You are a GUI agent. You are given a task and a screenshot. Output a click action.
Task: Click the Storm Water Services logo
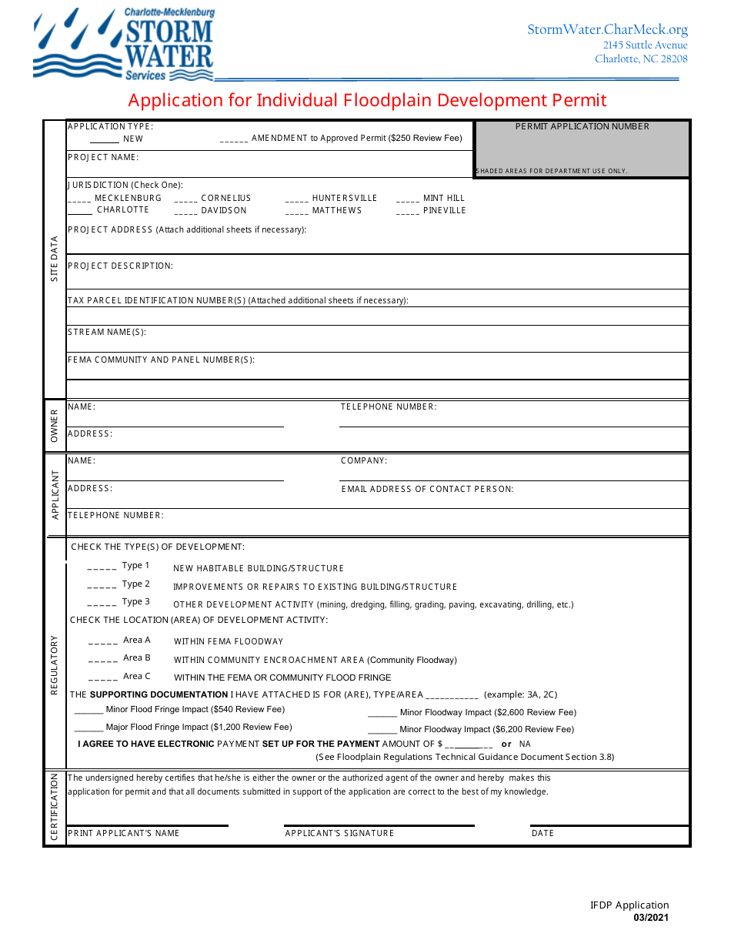point(124,44)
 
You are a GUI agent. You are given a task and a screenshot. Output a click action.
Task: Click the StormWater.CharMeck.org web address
point(607,29)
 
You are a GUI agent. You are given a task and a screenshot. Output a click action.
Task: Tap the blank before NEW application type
point(105,139)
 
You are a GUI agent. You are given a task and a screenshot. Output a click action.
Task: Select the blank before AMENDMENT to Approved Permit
point(234,139)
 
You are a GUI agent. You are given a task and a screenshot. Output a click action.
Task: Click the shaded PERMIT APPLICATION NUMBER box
point(582,149)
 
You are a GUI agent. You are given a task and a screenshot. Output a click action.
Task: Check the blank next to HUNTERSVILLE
point(297,199)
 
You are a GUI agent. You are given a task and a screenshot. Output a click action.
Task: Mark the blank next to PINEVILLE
point(408,211)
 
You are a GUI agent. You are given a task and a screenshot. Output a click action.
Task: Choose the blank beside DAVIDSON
point(186,211)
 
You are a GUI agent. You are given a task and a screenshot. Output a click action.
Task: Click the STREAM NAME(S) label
point(107,333)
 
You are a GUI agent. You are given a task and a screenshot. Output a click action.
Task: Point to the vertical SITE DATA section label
point(55,259)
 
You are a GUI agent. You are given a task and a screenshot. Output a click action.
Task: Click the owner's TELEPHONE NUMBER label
point(389,407)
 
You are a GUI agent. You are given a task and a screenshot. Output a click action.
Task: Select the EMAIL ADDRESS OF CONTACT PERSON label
point(427,489)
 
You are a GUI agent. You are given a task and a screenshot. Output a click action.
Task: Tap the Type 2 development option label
point(136,584)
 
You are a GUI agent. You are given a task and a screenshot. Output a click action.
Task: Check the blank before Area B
point(103,659)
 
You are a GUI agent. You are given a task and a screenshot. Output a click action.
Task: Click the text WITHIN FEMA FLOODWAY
point(229,641)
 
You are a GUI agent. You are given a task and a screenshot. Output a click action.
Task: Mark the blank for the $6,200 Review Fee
point(382,730)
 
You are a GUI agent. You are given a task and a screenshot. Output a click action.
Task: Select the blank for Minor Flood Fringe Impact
point(89,711)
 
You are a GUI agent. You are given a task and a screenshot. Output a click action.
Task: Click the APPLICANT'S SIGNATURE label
point(339,833)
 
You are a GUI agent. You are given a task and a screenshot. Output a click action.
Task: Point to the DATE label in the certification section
point(542,833)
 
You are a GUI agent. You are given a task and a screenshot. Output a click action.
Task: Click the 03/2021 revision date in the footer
point(651,918)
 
